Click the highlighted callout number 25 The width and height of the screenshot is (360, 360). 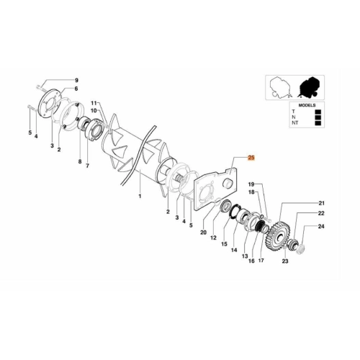251,158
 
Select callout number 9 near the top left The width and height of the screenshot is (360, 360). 76,80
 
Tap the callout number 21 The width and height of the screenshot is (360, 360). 321,203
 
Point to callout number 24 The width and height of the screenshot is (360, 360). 321,226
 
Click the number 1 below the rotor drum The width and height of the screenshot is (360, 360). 140,196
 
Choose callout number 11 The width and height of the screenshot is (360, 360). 94,103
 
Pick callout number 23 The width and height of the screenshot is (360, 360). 285,261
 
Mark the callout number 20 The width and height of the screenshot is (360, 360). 203,233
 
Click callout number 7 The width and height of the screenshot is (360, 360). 87,166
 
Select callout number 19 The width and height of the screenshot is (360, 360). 251,184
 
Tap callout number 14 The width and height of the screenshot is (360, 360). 234,250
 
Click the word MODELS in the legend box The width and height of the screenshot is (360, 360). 307,105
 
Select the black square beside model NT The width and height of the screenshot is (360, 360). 318,123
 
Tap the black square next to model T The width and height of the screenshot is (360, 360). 318,112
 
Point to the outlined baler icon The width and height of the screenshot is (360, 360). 280,87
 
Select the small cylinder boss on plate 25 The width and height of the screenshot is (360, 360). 227,184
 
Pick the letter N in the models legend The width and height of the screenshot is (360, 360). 294,117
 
